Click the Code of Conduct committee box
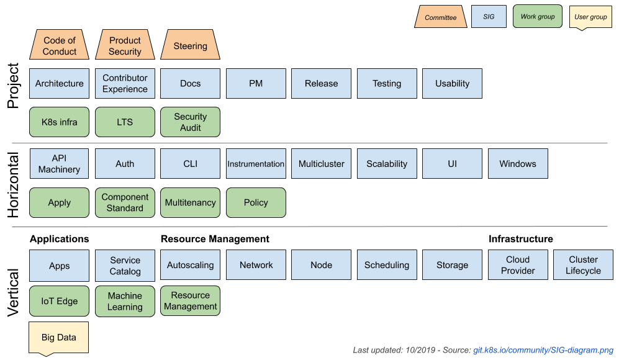coord(60,46)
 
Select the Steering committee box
coord(190,46)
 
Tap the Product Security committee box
coord(125,46)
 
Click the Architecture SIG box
coord(60,83)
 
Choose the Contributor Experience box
coord(125,83)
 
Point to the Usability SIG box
coord(452,83)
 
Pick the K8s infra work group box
coord(60,122)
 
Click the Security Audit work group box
coord(190,122)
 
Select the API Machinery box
coord(60,164)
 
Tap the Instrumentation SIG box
coord(256,164)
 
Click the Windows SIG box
coord(518,164)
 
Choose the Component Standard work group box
coord(125,202)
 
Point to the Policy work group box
coord(256,202)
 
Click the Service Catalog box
coord(125,266)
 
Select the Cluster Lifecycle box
coord(583,265)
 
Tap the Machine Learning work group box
coord(125,301)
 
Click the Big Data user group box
coord(59,338)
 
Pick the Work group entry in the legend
coord(538,17)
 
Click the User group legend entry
coord(590,17)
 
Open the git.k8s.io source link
coord(543,350)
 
